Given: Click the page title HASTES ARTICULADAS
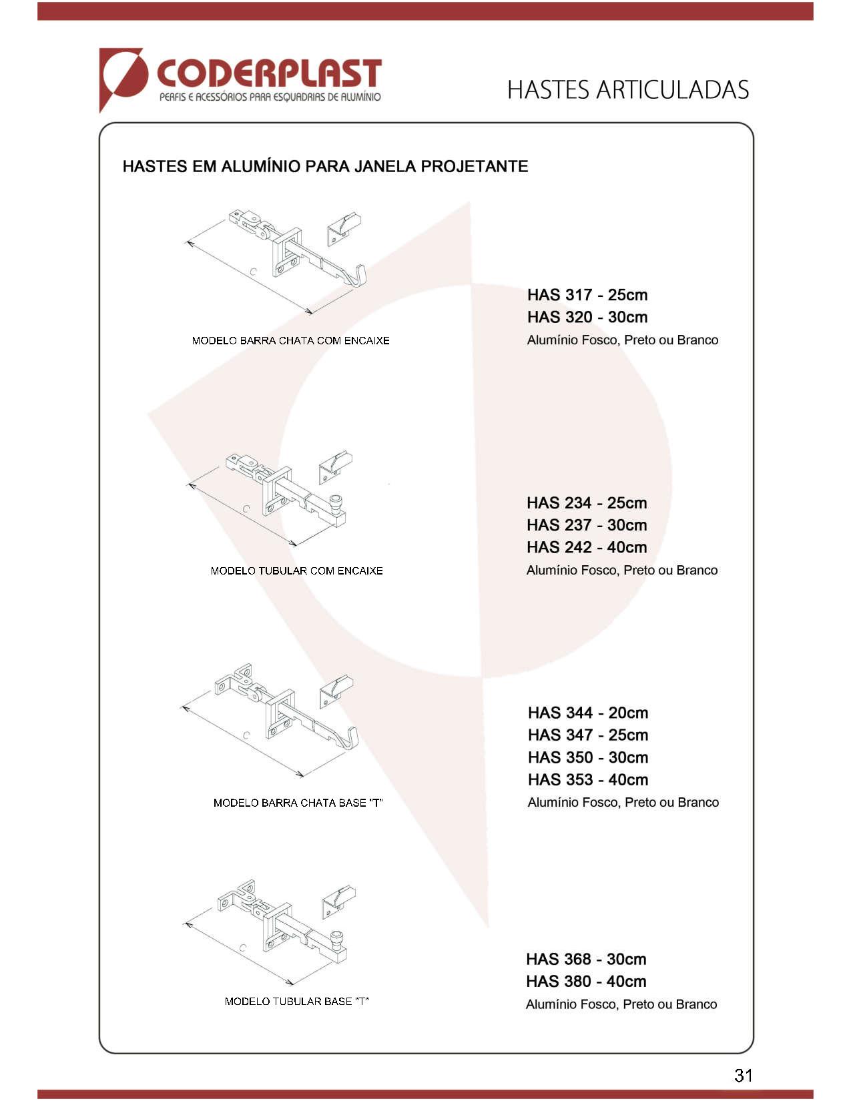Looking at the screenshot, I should (x=627, y=90).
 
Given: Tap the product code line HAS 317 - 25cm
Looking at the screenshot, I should (x=587, y=295).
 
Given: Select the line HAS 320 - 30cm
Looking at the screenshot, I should (x=587, y=317).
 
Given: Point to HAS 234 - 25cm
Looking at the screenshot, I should (x=586, y=503).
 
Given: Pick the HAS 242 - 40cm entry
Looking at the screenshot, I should (x=586, y=547).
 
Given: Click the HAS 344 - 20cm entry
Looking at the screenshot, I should (x=587, y=713).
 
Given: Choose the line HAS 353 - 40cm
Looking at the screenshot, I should (x=587, y=779).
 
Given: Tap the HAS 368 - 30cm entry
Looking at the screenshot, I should (x=585, y=959).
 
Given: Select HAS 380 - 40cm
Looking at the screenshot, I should (x=585, y=982).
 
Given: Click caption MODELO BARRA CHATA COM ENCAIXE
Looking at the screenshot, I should (x=290, y=341).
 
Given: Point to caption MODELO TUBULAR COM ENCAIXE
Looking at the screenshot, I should (x=296, y=571).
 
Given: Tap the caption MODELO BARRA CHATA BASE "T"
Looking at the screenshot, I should (x=298, y=803).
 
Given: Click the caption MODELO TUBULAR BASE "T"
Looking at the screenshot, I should (x=296, y=1001).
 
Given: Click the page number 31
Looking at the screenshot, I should (x=743, y=1075).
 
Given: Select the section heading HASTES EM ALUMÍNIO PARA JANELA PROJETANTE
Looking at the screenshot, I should (x=325, y=166).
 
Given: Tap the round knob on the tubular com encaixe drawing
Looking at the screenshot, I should (x=336, y=501).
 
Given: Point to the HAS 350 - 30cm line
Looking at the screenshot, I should (x=587, y=757).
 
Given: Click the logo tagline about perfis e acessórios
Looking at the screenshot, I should (x=270, y=97).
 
